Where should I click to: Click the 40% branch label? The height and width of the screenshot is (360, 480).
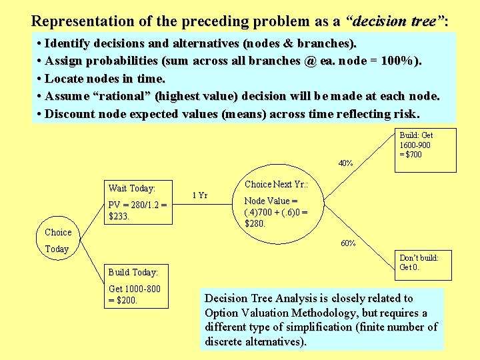coord(345,163)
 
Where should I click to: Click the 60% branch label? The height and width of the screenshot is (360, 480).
coord(348,243)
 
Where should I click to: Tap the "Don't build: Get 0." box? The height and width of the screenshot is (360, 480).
coord(419,262)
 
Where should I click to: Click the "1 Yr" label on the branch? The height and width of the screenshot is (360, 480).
coord(200,195)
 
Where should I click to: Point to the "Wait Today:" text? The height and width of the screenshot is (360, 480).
coord(131,189)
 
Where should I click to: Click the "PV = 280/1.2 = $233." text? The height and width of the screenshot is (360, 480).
coord(137,210)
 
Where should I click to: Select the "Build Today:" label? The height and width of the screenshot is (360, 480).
coord(133,272)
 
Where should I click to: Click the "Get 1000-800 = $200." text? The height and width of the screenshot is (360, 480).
coord(134,294)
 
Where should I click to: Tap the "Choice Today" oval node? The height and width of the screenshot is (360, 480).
coord(57,241)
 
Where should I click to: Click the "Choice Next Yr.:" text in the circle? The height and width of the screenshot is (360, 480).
coord(275,184)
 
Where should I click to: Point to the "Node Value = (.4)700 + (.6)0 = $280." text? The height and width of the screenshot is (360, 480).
coord(275,212)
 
